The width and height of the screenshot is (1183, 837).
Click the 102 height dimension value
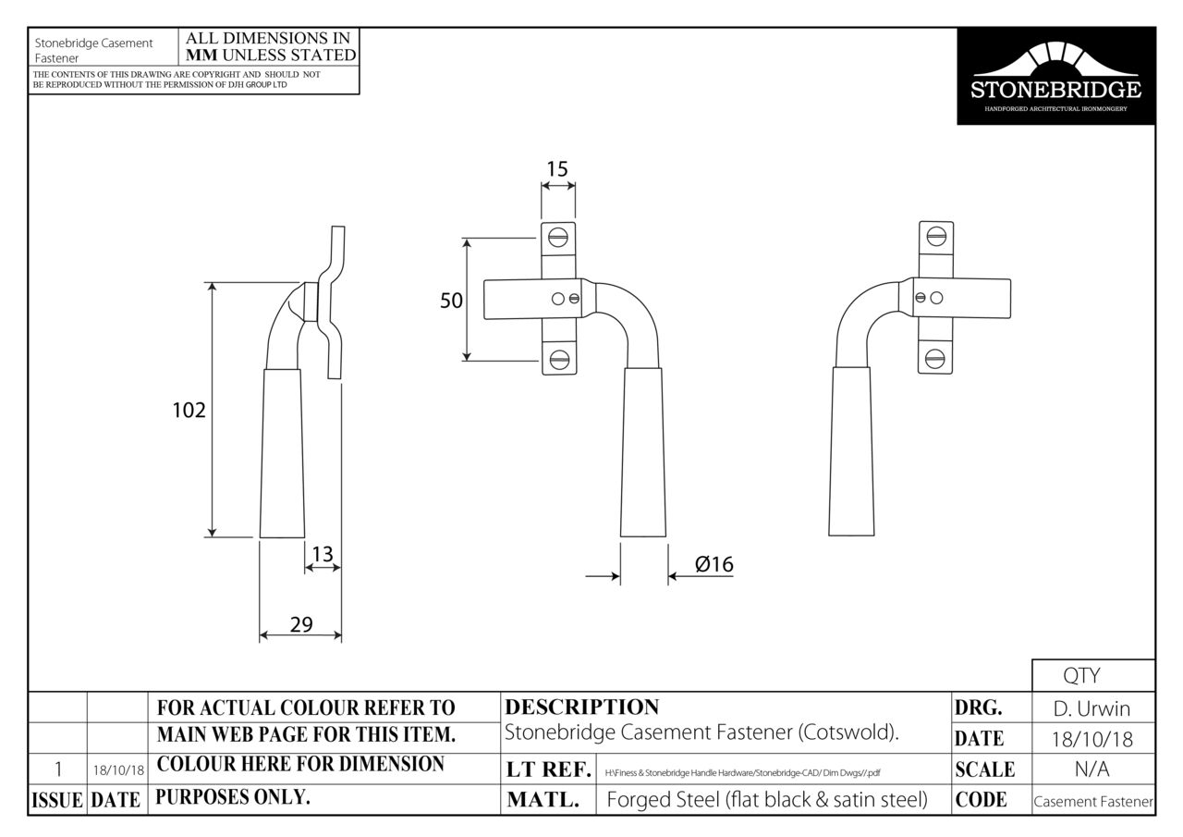[189, 410]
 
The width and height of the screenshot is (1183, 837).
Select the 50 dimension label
[451, 301]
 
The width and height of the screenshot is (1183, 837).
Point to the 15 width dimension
[556, 168]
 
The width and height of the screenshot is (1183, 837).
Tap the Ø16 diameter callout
[713, 564]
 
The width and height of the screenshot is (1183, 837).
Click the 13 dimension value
[322, 554]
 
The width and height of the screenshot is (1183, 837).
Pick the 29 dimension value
[301, 624]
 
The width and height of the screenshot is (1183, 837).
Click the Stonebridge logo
[1055, 76]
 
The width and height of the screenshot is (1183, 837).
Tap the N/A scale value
[1092, 769]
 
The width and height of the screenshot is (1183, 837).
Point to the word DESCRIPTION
[582, 708]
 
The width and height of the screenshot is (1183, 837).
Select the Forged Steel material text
[766, 800]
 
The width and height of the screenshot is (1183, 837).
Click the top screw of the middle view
[557, 237]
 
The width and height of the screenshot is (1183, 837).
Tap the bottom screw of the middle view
[558, 360]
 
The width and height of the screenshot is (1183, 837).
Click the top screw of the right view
[935, 235]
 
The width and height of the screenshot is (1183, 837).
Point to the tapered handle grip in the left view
[282, 453]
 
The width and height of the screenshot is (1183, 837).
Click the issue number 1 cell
[58, 769]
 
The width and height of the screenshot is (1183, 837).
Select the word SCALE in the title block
[984, 769]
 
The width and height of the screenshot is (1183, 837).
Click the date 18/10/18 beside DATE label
[1092, 740]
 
